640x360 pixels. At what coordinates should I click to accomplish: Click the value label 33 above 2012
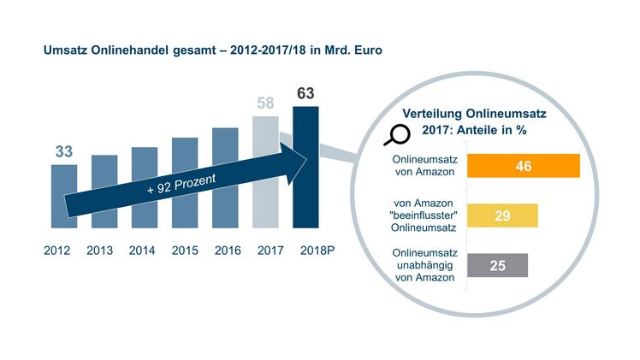click(63, 151)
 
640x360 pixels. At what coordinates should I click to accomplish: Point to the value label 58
click(265, 103)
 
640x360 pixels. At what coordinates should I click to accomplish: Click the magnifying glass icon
click(399, 134)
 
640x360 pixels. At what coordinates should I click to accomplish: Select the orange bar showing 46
click(524, 166)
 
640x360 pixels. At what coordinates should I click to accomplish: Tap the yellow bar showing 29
click(502, 215)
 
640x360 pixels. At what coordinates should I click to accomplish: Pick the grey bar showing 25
click(497, 265)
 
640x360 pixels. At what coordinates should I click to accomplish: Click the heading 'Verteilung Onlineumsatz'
click(475, 113)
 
